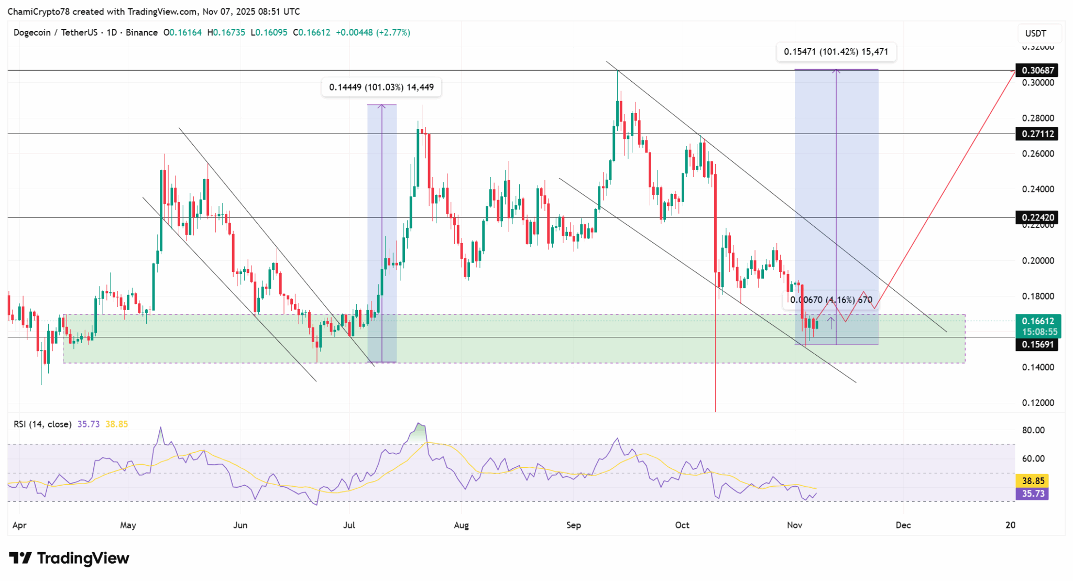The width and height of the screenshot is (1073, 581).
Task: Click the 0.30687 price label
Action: pos(1036,70)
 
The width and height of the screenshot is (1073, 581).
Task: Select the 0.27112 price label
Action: pos(1036,134)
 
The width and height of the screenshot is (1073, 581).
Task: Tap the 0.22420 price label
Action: pos(1036,217)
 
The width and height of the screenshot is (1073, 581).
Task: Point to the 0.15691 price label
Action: pos(1036,344)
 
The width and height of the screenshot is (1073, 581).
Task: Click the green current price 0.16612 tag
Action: pos(1037,326)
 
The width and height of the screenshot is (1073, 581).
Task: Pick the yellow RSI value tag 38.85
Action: pos(1033,480)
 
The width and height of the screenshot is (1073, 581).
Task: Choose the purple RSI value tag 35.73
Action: pos(1033,494)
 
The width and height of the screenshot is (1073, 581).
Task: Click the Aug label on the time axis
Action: pos(461,525)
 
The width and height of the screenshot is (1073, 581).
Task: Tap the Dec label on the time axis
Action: pos(903,525)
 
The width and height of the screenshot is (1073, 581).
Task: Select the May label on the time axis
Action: pos(128,525)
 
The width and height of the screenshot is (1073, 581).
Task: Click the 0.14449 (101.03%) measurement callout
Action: pos(381,87)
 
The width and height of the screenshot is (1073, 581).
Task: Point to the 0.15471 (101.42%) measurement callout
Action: pos(836,52)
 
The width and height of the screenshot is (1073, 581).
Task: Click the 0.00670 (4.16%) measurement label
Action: pos(831,300)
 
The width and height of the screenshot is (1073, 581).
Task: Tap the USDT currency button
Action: pos(1035,34)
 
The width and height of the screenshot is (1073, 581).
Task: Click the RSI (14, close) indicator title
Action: pos(42,424)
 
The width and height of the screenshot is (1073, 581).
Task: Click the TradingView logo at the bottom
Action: pos(69,558)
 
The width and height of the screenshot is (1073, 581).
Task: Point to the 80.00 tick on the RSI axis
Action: pos(1033,430)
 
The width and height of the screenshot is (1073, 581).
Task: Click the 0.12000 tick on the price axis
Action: pos(1038,403)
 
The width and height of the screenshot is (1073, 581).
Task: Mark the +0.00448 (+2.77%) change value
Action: pos(373,32)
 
